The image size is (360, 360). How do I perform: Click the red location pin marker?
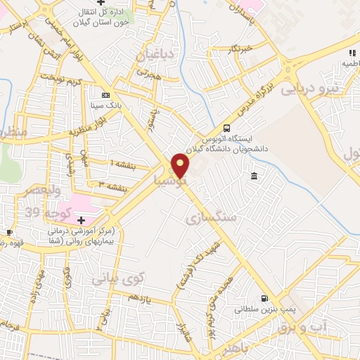point(181,165)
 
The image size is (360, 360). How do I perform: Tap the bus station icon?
point(226,128)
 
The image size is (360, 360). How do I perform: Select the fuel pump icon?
point(264,298)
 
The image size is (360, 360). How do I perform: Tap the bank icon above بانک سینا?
point(106,95)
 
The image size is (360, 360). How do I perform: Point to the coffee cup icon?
point(9,233)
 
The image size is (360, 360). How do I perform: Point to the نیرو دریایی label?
point(309,89)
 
